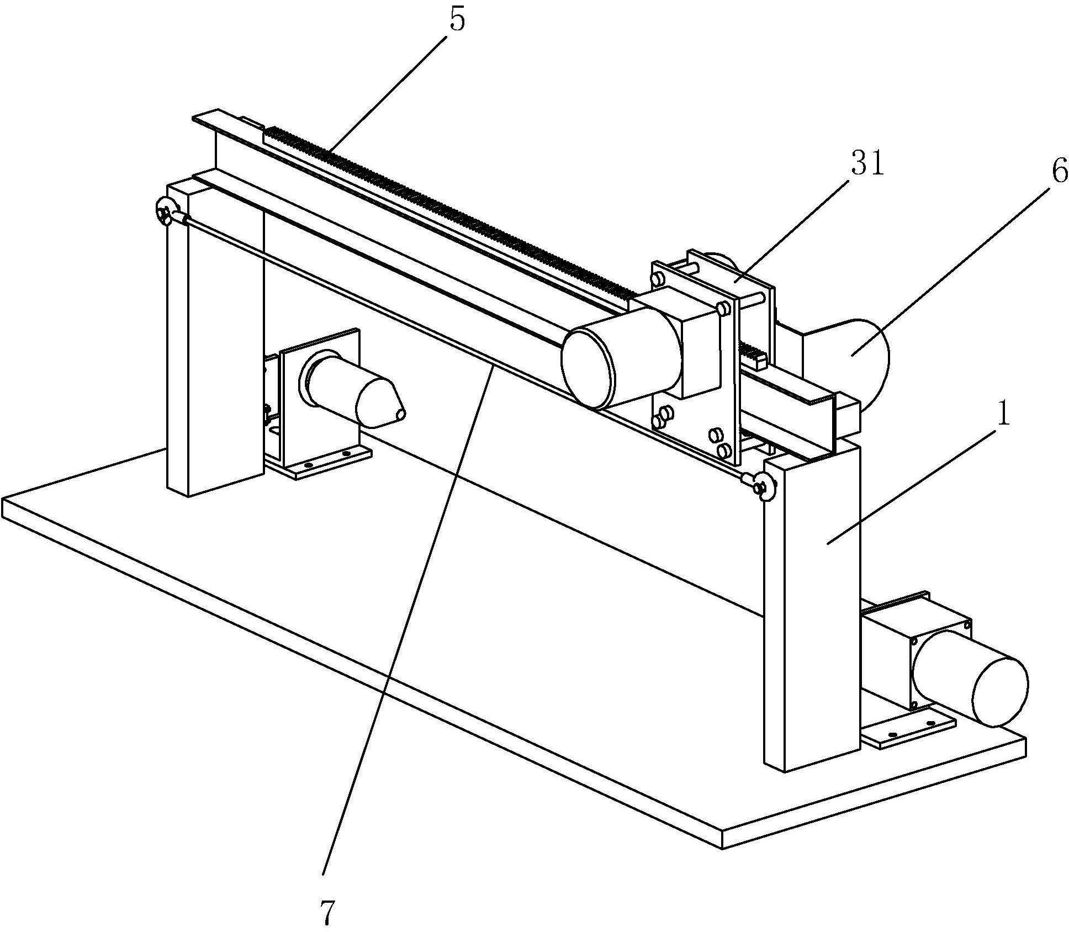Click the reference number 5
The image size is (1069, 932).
pos(457,20)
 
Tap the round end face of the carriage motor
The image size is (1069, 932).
pos(589,368)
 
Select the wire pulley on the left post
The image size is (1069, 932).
pos(165,211)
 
